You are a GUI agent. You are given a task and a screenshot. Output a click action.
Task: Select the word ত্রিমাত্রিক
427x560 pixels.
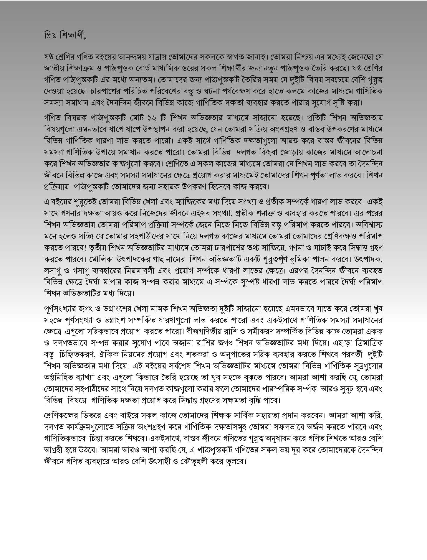coord(367,343)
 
